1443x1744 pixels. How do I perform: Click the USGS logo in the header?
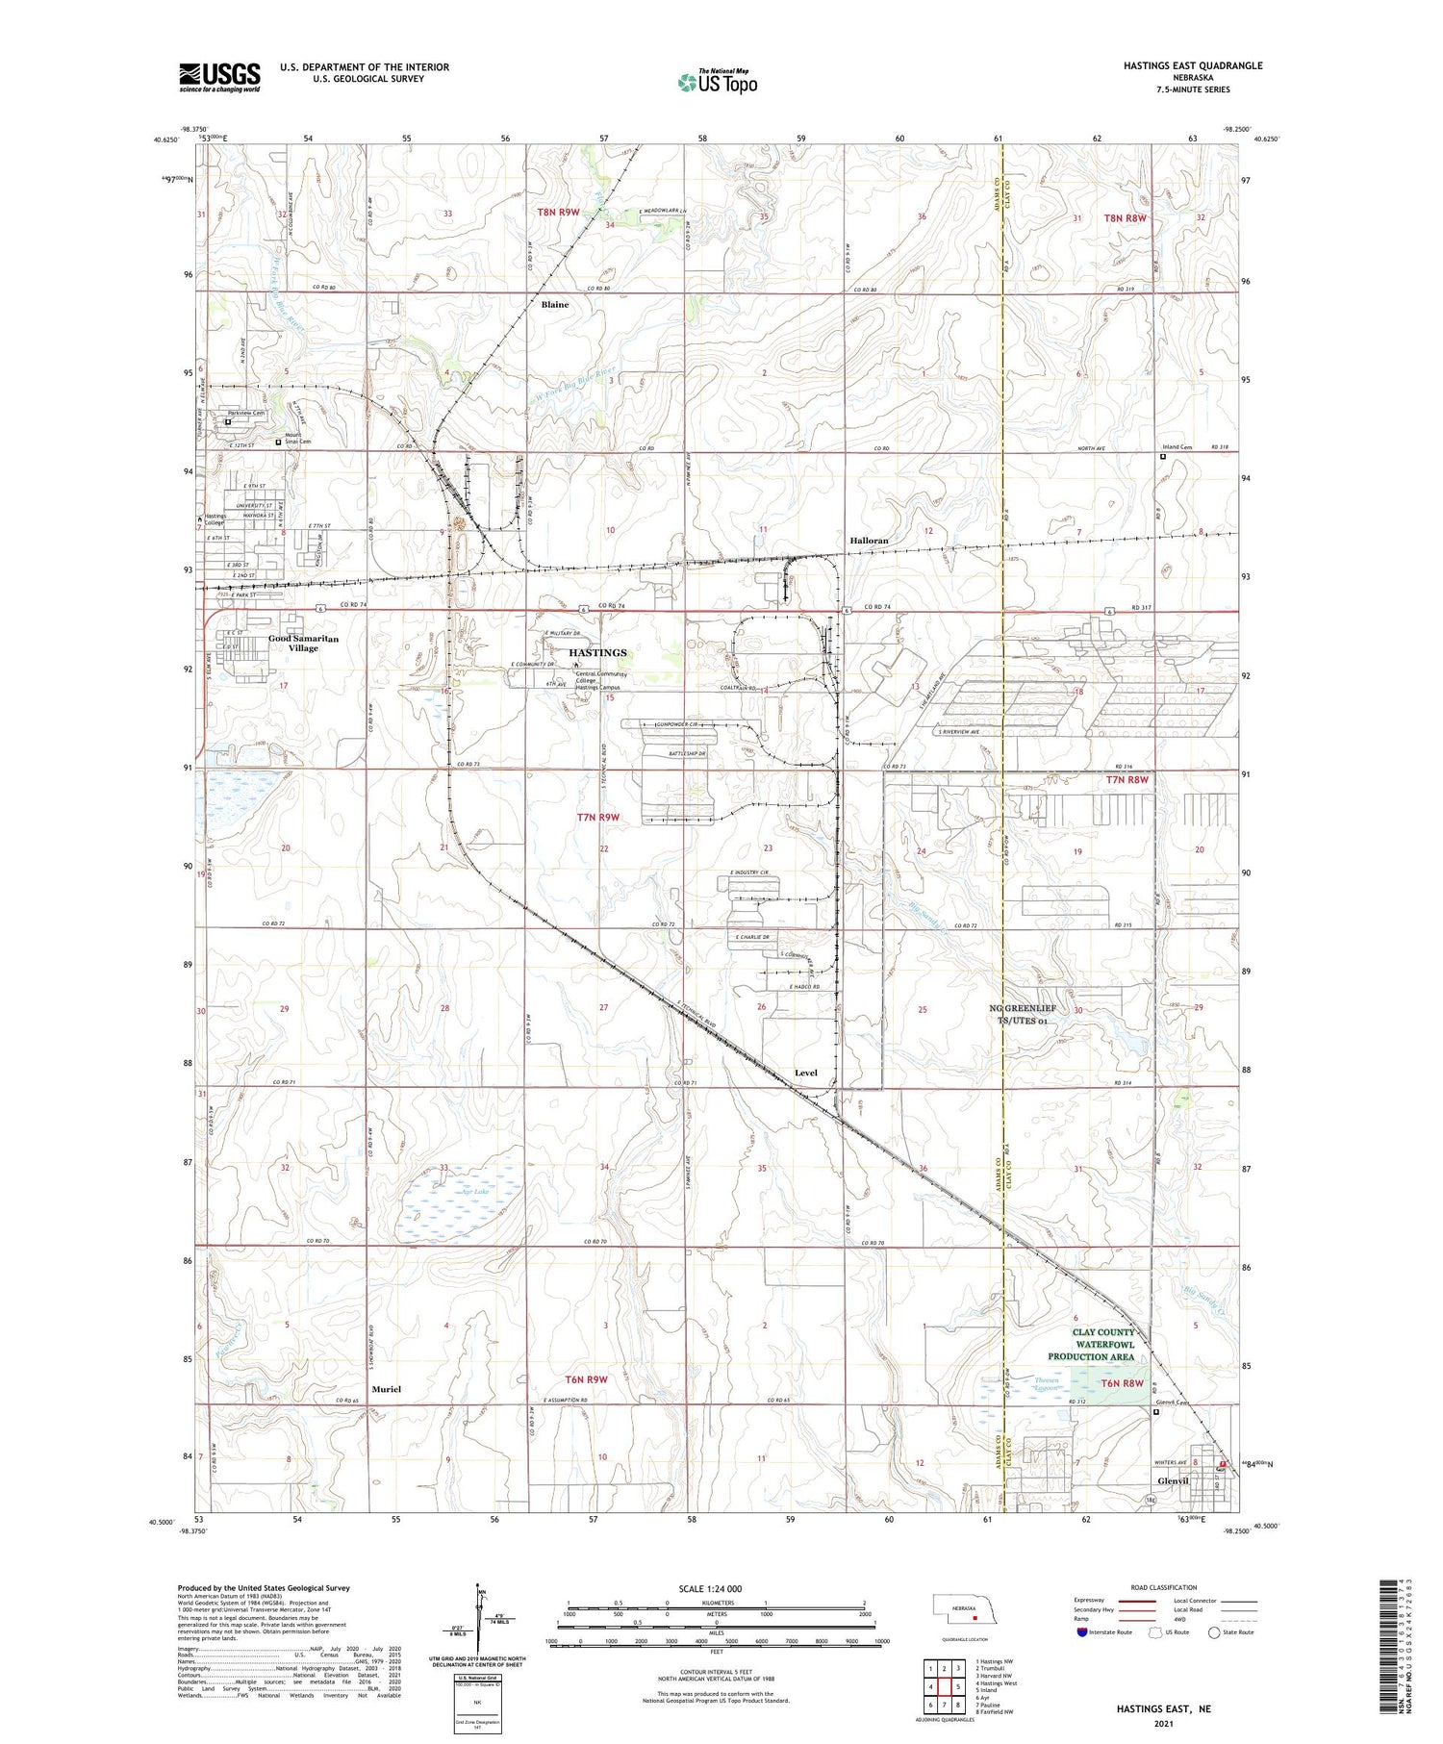[x=219, y=77]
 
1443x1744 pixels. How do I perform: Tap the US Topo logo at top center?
[x=717, y=82]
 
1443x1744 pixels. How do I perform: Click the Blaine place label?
[x=555, y=305]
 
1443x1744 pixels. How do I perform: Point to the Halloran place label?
[x=869, y=541]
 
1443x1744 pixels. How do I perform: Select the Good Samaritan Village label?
[x=303, y=644]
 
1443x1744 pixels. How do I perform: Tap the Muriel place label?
[x=385, y=1389]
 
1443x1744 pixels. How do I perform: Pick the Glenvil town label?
[x=1174, y=1481]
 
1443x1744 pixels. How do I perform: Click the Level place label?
[x=806, y=1073]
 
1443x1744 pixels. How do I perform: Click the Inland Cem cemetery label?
[x=1178, y=447]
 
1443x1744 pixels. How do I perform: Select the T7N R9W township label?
[x=598, y=818]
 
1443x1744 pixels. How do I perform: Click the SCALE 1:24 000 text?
[x=710, y=1588]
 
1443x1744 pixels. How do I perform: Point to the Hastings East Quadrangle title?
[x=1193, y=65]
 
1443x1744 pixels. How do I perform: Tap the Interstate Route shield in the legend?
[x=1081, y=1631]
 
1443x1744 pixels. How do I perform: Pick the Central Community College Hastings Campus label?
[x=601, y=680]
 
